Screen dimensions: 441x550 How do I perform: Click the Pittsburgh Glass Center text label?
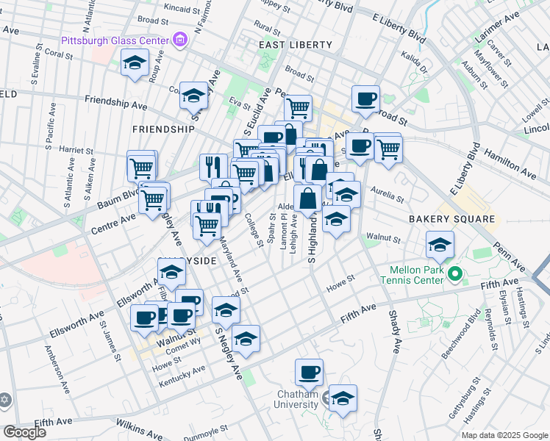point(115,40)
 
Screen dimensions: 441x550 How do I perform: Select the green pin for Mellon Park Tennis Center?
point(455,276)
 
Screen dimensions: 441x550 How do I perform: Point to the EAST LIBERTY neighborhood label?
point(295,45)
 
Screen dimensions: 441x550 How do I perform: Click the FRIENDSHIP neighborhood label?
point(163,129)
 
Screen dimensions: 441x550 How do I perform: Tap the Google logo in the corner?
point(24,432)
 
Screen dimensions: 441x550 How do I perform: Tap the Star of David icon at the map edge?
point(5,401)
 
